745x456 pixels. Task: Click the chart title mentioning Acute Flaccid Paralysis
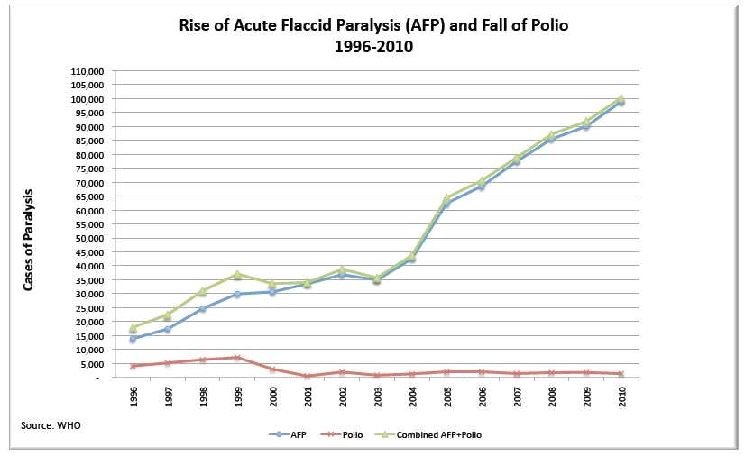(373, 25)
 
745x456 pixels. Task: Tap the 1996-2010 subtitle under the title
(373, 47)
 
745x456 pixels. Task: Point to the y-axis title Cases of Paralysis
(29, 240)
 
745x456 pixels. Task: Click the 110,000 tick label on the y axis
(87, 72)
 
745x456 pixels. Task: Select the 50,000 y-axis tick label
(89, 239)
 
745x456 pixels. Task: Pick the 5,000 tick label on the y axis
(91, 364)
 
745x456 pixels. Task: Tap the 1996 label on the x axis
(133, 397)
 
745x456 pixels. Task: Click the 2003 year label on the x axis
(378, 397)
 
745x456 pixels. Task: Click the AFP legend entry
(288, 434)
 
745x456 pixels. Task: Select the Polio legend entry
(341, 434)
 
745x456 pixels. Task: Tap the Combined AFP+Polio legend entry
(428, 434)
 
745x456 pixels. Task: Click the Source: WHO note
(51, 425)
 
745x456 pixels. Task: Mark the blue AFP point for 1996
(133, 339)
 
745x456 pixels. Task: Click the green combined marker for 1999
(238, 274)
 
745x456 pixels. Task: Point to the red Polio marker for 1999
(238, 357)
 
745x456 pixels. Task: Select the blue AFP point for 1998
(203, 308)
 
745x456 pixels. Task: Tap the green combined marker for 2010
(621, 98)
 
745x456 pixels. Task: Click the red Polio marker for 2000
(272, 369)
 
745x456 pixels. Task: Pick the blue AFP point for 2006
(482, 187)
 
